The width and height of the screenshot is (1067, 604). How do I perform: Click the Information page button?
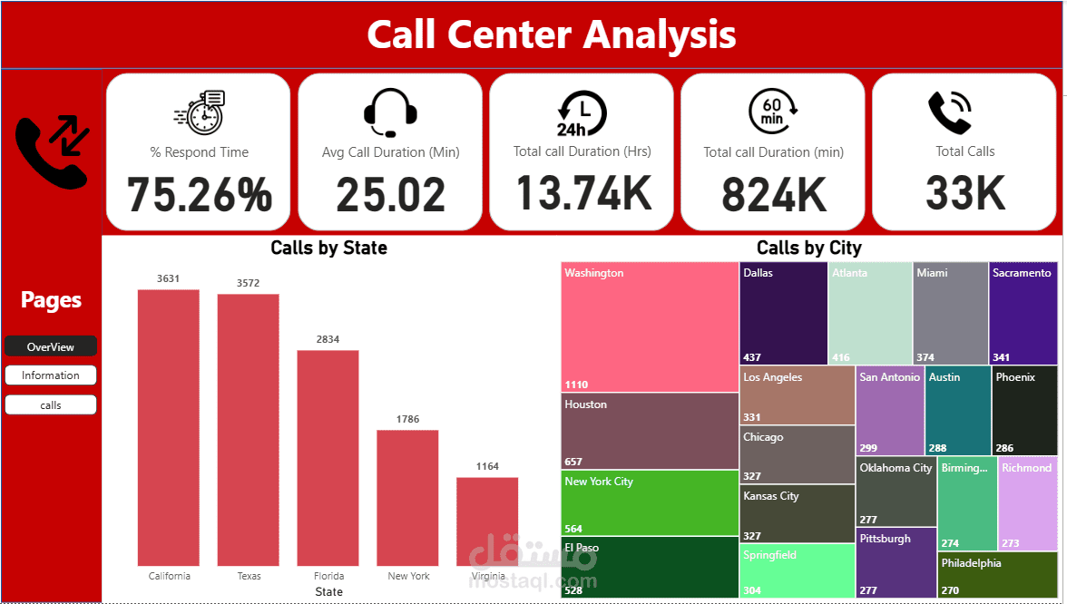pyautogui.click(x=51, y=375)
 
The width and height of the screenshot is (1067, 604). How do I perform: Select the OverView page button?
pyautogui.click(x=51, y=346)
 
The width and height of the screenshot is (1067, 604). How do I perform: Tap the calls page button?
pyautogui.click(x=51, y=405)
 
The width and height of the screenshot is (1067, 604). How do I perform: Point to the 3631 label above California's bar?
pyautogui.click(x=169, y=279)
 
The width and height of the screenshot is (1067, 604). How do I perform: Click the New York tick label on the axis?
pyautogui.click(x=408, y=576)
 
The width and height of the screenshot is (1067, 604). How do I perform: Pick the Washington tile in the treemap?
pyautogui.click(x=650, y=326)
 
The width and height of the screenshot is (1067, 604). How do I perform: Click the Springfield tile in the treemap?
pyautogui.click(x=797, y=570)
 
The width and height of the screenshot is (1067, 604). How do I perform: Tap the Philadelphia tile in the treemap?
pyautogui.click(x=997, y=575)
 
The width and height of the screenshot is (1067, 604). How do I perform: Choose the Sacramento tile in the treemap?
pyautogui.click(x=1023, y=313)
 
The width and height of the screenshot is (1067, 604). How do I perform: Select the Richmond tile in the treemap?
pyautogui.click(x=1027, y=504)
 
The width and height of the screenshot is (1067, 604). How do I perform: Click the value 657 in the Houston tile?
pyautogui.click(x=573, y=462)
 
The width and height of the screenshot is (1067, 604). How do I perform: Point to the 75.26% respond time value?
pyautogui.click(x=199, y=194)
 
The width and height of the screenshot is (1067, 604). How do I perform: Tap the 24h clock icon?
pyautogui.click(x=582, y=113)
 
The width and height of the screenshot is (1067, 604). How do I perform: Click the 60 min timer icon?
pyautogui.click(x=773, y=112)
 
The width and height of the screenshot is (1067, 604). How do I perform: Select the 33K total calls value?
pyautogui.click(x=965, y=193)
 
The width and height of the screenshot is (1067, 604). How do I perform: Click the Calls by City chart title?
pyautogui.click(x=808, y=248)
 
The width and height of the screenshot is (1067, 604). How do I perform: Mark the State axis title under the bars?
pyautogui.click(x=328, y=592)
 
